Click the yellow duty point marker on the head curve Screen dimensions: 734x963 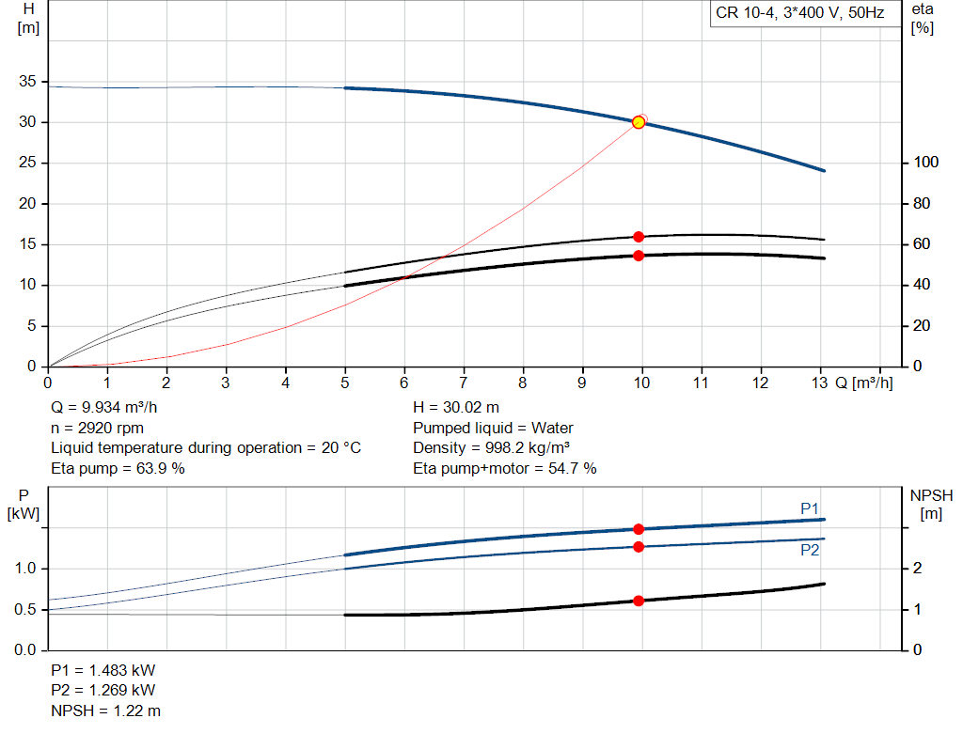(x=639, y=122)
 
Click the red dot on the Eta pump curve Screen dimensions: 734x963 (x=639, y=237)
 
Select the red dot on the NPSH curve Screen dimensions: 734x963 (x=639, y=601)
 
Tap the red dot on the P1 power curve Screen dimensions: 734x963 (x=639, y=529)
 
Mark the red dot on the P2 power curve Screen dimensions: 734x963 (x=639, y=546)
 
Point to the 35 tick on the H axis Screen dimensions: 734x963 (x=25, y=82)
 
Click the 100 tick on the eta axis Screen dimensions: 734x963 (x=926, y=163)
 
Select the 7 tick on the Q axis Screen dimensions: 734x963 (x=464, y=383)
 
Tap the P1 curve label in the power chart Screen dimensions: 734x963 (x=810, y=508)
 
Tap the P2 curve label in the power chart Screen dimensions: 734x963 (x=810, y=550)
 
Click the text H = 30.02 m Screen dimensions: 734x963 (x=456, y=407)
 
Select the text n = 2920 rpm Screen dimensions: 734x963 (x=97, y=428)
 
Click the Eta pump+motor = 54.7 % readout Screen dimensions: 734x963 (x=505, y=468)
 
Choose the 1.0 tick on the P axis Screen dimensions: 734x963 (x=25, y=569)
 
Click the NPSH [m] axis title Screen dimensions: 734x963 (x=931, y=504)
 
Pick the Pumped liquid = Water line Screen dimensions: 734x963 (x=493, y=428)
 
